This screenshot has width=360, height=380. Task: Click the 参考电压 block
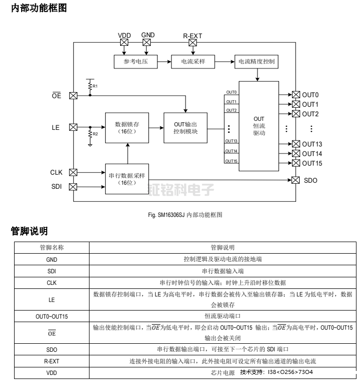click(x=133, y=61)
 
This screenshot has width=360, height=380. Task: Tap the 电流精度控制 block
click(x=255, y=61)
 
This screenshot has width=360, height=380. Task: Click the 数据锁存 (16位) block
click(x=127, y=127)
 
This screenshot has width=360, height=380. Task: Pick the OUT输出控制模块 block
click(x=186, y=128)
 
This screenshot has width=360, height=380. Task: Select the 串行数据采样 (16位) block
click(x=127, y=179)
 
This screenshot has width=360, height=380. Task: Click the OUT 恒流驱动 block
click(x=259, y=126)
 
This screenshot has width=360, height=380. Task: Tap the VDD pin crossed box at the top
click(x=124, y=43)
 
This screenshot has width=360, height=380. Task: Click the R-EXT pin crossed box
click(x=193, y=43)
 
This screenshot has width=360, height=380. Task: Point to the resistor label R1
click(x=95, y=87)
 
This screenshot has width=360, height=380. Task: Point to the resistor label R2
click(x=95, y=134)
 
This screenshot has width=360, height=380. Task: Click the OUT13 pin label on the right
click(x=312, y=144)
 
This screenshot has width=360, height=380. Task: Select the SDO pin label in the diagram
click(x=311, y=180)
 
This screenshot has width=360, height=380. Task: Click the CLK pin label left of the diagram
click(x=56, y=172)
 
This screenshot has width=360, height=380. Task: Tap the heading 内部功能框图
click(x=39, y=8)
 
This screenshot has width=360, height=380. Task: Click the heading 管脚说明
click(x=29, y=231)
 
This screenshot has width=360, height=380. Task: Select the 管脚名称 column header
click(x=52, y=248)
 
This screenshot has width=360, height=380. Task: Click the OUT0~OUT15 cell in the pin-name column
click(x=52, y=316)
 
